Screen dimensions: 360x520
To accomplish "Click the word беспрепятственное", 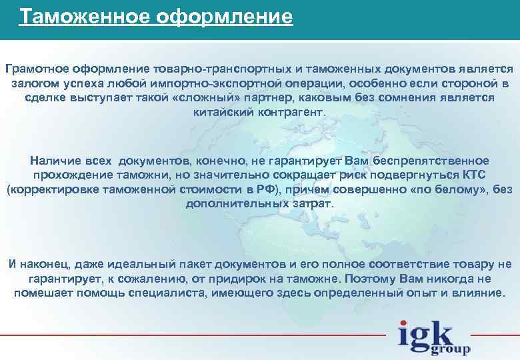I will [x=427, y=161].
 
